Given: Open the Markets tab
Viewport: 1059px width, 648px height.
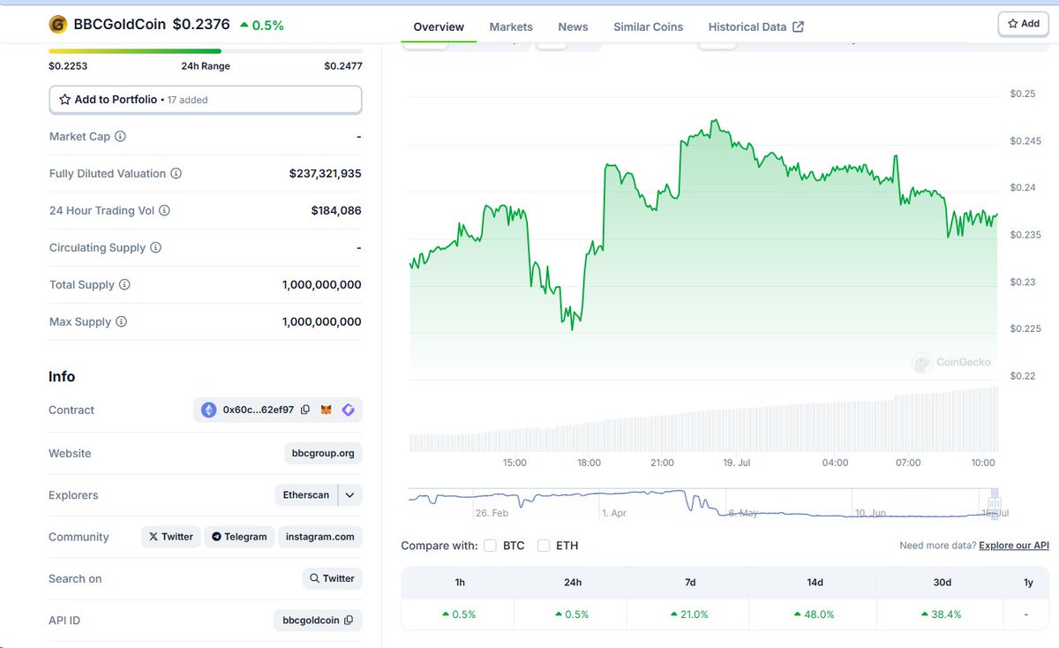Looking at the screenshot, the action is (511, 27).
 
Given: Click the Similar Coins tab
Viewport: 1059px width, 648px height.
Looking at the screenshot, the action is (648, 27).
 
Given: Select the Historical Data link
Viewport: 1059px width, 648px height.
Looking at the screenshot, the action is (755, 27).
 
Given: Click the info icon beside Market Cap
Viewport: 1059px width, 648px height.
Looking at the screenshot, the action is (121, 136).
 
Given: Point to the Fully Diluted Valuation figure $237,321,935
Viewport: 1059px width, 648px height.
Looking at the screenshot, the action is (326, 174).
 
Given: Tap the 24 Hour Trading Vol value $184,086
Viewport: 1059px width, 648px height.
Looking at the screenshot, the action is (336, 210).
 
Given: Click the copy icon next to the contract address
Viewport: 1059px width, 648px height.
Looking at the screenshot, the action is (305, 410).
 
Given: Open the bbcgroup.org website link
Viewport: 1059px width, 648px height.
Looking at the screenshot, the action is (323, 453).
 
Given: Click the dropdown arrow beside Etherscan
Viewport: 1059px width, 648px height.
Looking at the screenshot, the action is (349, 494).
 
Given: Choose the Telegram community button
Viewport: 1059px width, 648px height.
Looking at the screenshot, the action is (239, 537).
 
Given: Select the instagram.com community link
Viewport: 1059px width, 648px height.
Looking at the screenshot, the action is (320, 537).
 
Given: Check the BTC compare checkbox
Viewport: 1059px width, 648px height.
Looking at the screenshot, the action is (491, 546).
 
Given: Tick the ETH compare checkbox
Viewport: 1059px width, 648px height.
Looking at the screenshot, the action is (544, 546).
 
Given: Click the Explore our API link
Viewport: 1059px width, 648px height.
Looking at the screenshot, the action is (1014, 546).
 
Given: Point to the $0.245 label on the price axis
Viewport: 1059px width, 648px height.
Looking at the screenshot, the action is (1025, 141).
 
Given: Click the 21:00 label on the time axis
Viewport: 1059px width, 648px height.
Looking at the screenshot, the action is (662, 463).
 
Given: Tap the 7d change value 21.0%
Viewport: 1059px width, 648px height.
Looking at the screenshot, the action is (690, 614).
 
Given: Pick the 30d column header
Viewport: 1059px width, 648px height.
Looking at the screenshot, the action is (942, 583).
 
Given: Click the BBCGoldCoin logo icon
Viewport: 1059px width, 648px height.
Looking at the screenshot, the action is (57, 25).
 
